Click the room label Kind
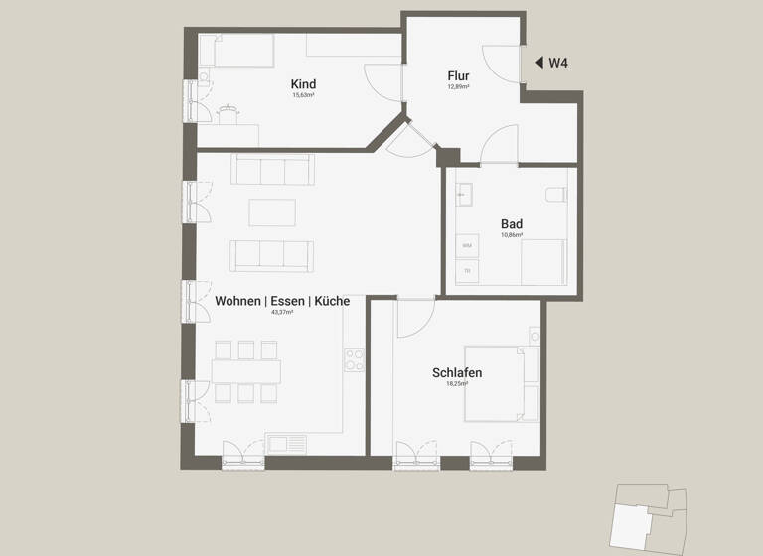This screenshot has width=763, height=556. pyautogui.click(x=303, y=84)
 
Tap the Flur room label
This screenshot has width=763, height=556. pyautogui.click(x=458, y=75)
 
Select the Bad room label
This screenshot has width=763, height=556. pyautogui.click(x=512, y=224)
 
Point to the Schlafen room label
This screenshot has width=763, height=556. pyautogui.click(x=457, y=372)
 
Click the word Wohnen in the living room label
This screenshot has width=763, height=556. pyautogui.click(x=238, y=301)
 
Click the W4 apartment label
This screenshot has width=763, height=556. pyautogui.click(x=558, y=63)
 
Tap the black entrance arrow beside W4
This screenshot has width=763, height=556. pyautogui.click(x=539, y=63)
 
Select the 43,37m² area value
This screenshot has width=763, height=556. pyautogui.click(x=282, y=312)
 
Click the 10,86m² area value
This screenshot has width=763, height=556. pyautogui.click(x=512, y=235)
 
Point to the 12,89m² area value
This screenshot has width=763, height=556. pyautogui.click(x=458, y=86)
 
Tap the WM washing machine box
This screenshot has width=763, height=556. pyautogui.click(x=466, y=245)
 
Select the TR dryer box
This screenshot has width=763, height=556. pyautogui.click(x=466, y=270)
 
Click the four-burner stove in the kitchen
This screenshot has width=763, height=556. pyautogui.click(x=355, y=360)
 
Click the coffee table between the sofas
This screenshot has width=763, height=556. pyautogui.click(x=272, y=212)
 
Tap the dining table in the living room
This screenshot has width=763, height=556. pyautogui.click(x=245, y=371)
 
